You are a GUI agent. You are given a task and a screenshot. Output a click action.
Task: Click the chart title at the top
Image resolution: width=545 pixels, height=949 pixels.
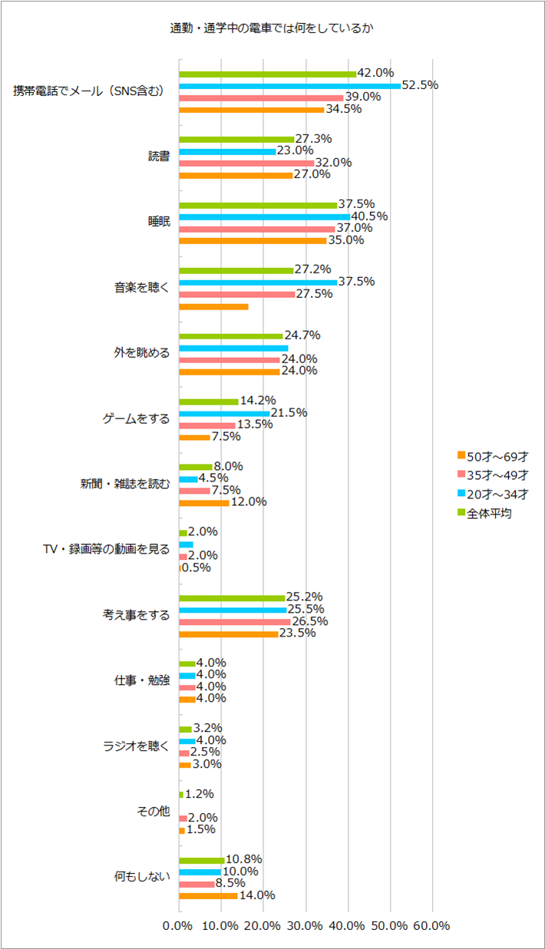pyautogui.click(x=272, y=28)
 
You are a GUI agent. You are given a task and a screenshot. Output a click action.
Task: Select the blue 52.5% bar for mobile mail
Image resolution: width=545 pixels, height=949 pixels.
pyautogui.click(x=289, y=86)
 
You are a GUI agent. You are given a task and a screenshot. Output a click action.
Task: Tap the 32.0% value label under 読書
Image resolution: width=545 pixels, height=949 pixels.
pyautogui.click(x=333, y=163)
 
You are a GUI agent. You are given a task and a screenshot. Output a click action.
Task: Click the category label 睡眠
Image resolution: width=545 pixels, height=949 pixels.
pyautogui.click(x=159, y=222)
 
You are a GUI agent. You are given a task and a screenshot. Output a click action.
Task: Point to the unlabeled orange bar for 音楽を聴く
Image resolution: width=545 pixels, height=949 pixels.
pyautogui.click(x=213, y=306)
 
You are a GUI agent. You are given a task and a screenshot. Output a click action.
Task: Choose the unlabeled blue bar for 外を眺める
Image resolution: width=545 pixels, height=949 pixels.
pyautogui.click(x=233, y=349)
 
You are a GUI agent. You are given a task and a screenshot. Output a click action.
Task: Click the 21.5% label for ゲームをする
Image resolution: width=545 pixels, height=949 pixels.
pyautogui.click(x=289, y=412)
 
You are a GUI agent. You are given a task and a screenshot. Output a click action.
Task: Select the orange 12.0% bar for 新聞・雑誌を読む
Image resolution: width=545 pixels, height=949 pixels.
pyautogui.click(x=203, y=503)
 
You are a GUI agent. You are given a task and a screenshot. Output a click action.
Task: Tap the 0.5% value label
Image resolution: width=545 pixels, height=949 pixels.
pyautogui.click(x=196, y=567)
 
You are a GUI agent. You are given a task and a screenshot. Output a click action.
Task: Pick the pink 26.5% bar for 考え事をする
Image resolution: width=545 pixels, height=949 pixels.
pyautogui.click(x=235, y=622)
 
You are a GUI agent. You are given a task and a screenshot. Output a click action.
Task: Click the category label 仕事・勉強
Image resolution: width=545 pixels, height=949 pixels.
pyautogui.click(x=142, y=680)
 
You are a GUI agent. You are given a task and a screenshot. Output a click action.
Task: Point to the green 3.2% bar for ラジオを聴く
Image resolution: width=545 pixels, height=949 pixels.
pyautogui.click(x=185, y=729)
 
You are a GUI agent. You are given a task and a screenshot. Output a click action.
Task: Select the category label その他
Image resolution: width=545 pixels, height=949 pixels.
pyautogui.click(x=154, y=812)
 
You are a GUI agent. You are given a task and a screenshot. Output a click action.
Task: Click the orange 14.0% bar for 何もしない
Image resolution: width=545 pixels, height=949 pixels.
pyautogui.click(x=208, y=896)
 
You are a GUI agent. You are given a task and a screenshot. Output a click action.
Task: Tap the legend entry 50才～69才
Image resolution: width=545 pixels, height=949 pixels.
pyautogui.click(x=493, y=457)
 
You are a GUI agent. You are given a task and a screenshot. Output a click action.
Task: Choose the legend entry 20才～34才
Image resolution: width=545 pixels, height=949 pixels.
pyautogui.click(x=493, y=494)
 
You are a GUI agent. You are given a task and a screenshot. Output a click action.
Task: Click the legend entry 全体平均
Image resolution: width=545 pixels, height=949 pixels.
pyautogui.click(x=484, y=514)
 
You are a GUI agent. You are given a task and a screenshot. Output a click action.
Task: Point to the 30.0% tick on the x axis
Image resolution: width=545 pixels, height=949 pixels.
pyautogui.click(x=305, y=926)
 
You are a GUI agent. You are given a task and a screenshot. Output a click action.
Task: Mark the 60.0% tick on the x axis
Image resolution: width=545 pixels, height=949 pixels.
pyautogui.click(x=431, y=926)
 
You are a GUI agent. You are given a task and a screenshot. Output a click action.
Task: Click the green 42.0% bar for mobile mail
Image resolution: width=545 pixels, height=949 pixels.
pyautogui.click(x=268, y=74)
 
